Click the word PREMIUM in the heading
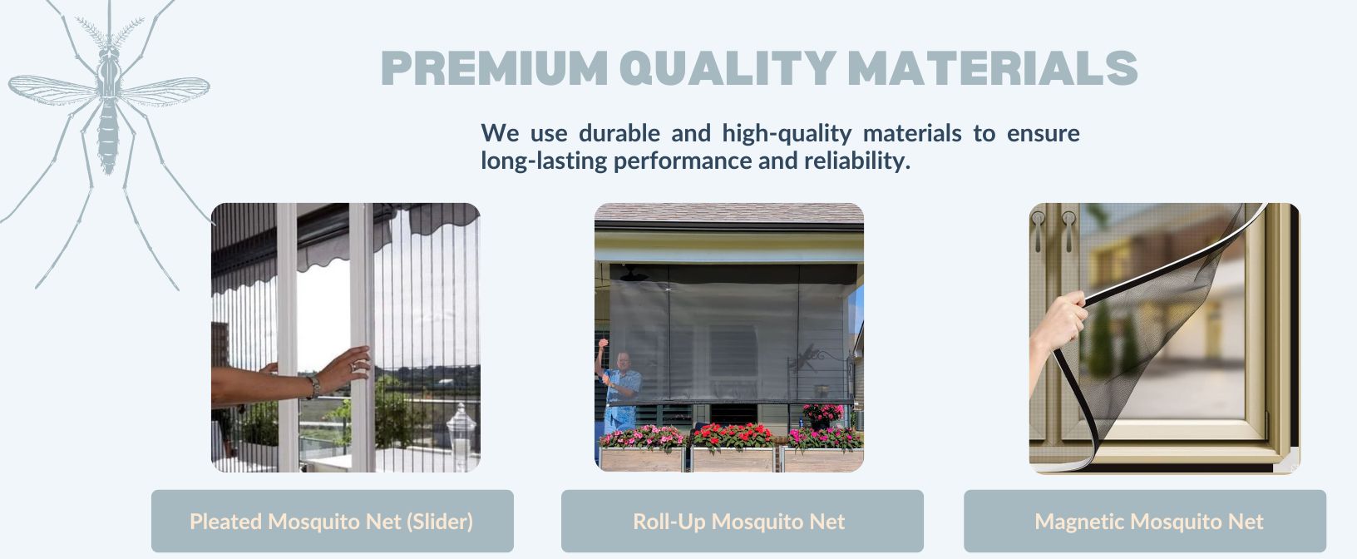[495, 68]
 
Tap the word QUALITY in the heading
[728, 68]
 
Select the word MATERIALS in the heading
[993, 68]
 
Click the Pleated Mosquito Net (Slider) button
[332, 522]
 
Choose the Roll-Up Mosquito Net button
[742, 522]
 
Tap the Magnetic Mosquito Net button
[1145, 522]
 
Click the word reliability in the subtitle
[856, 161]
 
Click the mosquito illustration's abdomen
[108, 136]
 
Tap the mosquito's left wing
[53, 90]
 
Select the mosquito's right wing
[164, 91]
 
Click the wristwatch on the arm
[313, 387]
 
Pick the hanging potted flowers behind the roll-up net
[822, 415]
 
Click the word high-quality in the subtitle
[787, 133]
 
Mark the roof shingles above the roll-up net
[728, 213]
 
